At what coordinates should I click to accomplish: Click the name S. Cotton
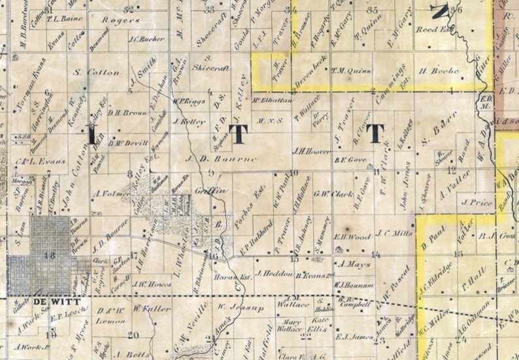coord(92,72)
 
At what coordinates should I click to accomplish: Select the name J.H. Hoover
coord(307,152)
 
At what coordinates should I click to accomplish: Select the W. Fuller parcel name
coord(146,308)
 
